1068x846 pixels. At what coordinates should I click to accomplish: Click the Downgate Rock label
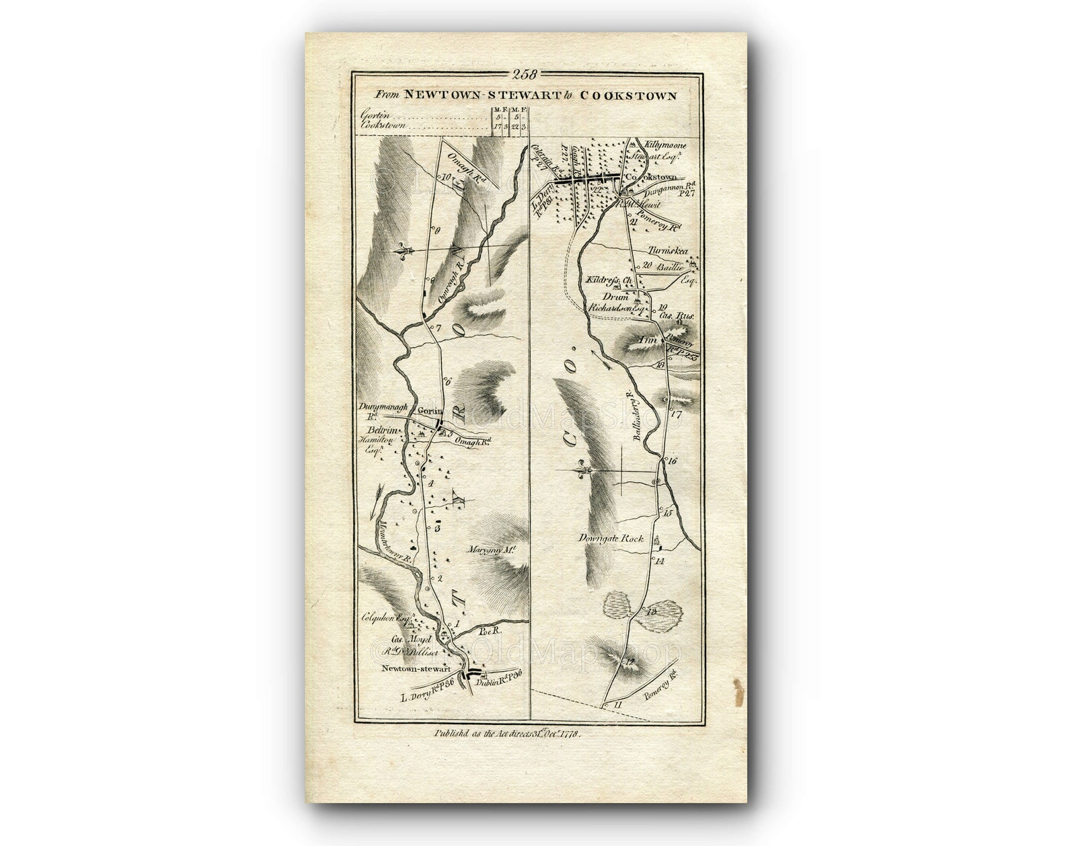pos(613,538)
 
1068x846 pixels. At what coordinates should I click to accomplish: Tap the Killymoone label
pos(664,145)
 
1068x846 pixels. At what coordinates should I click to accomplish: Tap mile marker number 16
pos(671,461)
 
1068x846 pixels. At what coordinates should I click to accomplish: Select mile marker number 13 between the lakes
pos(650,611)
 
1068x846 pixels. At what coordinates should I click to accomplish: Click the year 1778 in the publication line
pos(567,734)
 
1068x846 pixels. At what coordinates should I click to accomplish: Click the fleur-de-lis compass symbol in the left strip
pos(404,251)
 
